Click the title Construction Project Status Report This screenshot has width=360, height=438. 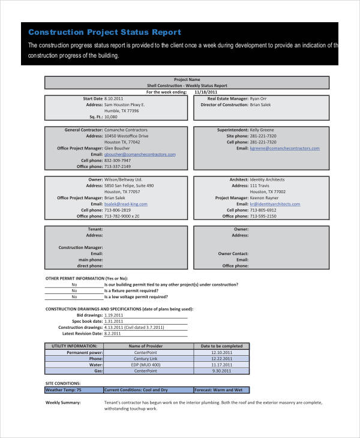(x=104, y=32)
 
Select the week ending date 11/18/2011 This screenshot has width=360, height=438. (x=206, y=92)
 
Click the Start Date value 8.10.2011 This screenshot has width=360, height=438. (x=114, y=98)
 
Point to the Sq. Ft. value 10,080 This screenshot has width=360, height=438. (x=112, y=116)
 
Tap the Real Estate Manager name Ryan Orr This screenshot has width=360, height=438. (x=259, y=98)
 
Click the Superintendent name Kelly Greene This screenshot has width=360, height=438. (x=262, y=130)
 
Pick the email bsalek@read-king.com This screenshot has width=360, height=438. (x=126, y=204)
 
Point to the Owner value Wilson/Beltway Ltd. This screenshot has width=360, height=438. (x=123, y=179)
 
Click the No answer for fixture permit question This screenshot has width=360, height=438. (x=74, y=290)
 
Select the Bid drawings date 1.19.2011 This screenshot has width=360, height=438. (x=114, y=315)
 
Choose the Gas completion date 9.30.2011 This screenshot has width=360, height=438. (x=221, y=371)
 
